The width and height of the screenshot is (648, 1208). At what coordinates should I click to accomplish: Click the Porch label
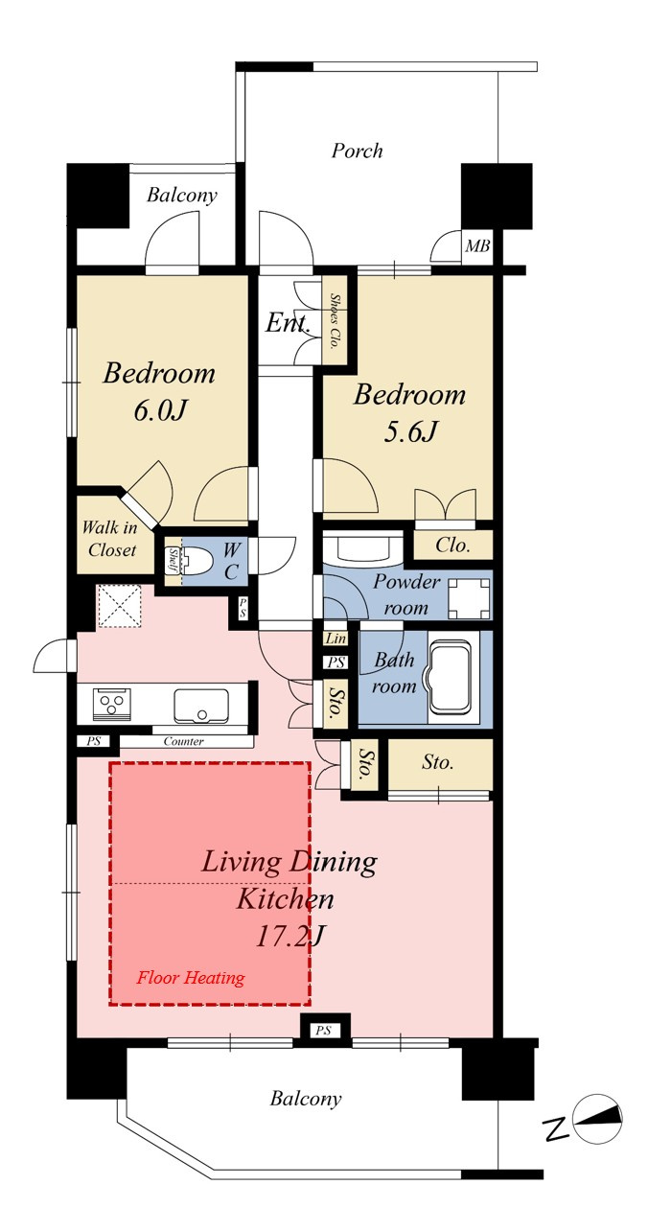(357, 151)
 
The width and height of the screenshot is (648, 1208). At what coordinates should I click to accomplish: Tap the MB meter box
(477, 246)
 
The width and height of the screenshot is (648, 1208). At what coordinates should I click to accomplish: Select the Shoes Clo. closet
(335, 321)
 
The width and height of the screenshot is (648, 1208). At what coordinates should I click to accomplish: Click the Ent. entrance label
(288, 323)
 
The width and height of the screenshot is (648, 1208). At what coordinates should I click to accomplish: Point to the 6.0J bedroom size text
(159, 410)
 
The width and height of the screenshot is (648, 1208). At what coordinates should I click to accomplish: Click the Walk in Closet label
(110, 538)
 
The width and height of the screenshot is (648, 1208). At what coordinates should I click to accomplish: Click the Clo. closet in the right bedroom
(452, 545)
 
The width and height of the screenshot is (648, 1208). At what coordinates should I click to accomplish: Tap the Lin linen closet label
(336, 639)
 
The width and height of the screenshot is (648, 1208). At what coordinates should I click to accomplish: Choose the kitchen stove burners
(112, 703)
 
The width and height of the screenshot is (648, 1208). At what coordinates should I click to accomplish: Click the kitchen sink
(200, 706)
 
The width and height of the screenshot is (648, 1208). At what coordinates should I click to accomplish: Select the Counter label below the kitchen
(183, 741)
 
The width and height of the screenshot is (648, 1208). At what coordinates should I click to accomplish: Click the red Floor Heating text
(191, 977)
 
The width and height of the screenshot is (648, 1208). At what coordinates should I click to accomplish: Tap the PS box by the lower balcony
(323, 1031)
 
